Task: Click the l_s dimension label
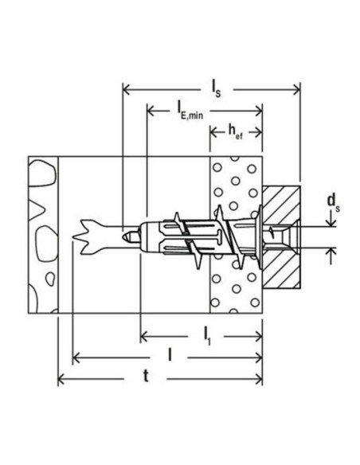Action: tap(216, 89)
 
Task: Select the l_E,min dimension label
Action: tap(190, 111)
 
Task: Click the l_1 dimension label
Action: tap(206, 337)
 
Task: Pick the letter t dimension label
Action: tap(146, 377)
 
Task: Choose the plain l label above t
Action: tap(170, 354)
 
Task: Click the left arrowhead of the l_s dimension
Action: tap(127, 89)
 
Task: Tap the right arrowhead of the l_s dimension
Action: tap(296, 89)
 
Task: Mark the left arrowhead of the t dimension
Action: tap(61, 379)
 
